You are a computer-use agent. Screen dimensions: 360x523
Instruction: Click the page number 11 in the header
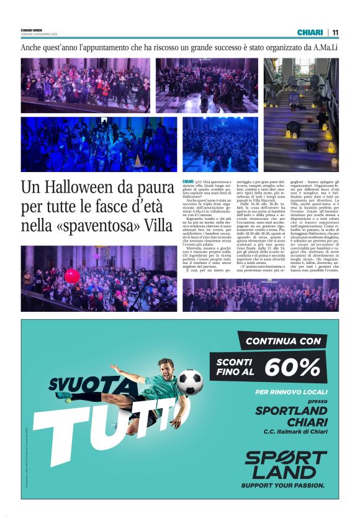(335, 32)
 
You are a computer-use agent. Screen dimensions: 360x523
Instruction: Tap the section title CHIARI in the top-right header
(310, 32)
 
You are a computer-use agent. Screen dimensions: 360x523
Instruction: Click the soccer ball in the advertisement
(191, 382)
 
